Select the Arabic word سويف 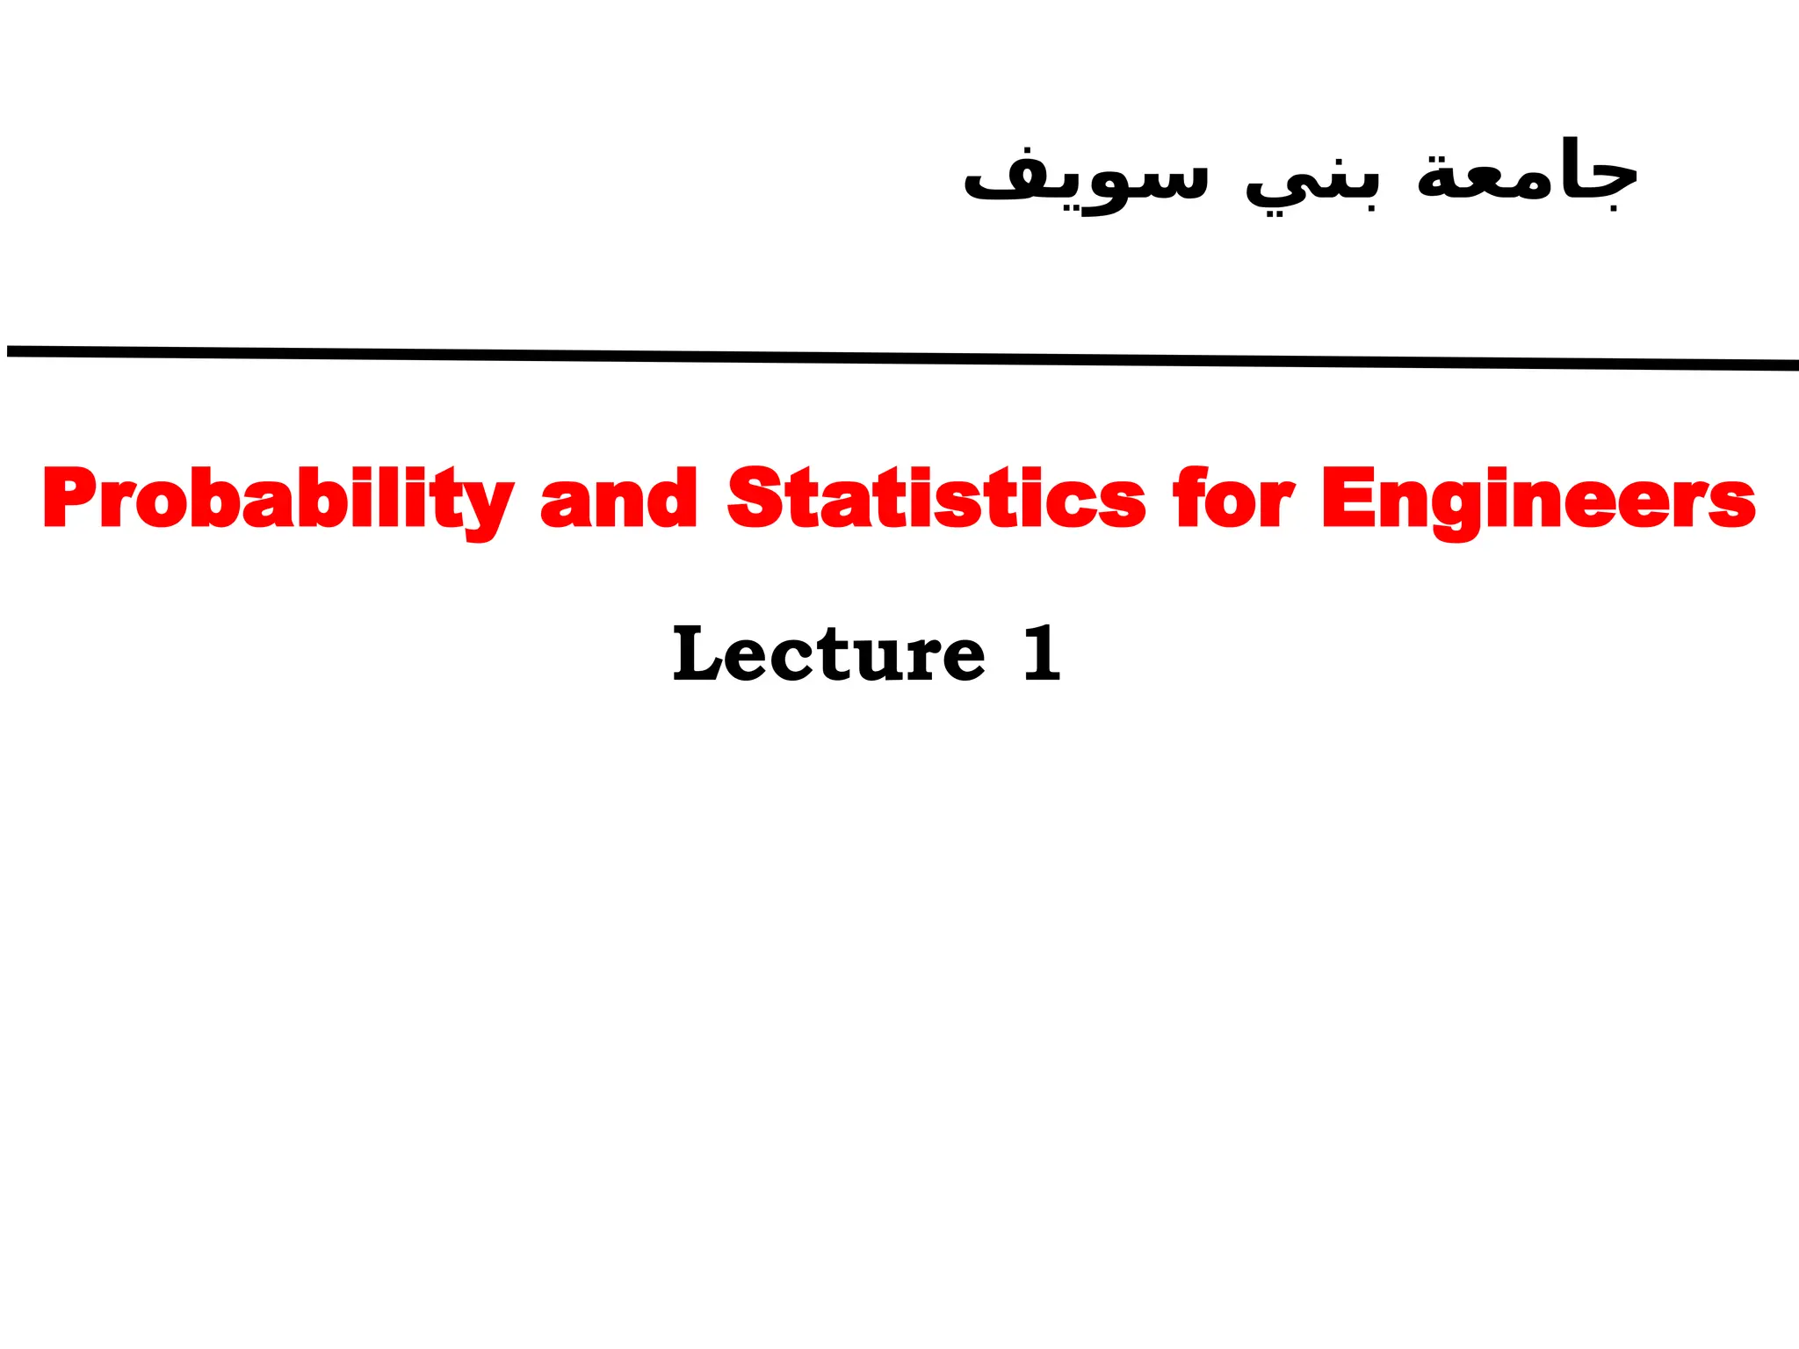click(x=1086, y=180)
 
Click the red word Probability click(x=278, y=498)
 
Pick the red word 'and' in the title click(x=618, y=498)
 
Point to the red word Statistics click(x=936, y=498)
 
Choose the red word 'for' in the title click(x=1233, y=498)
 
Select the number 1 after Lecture click(x=1043, y=653)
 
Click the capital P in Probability click(x=68, y=498)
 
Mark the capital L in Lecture click(x=698, y=653)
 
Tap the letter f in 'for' click(x=1188, y=496)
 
